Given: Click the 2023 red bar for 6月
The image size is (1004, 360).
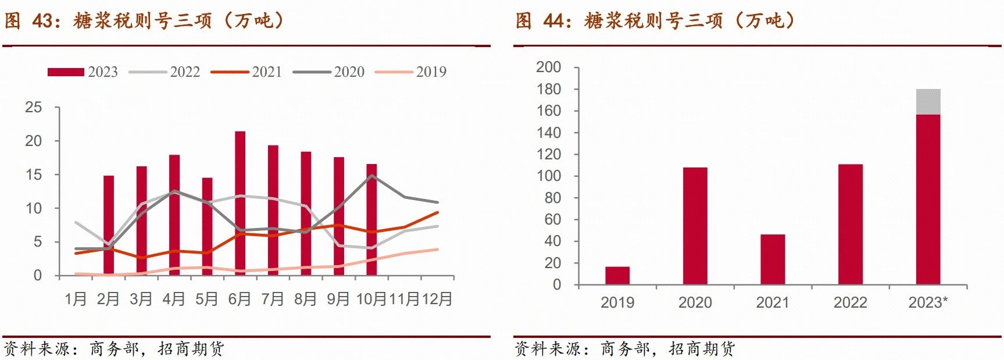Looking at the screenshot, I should pos(240,203).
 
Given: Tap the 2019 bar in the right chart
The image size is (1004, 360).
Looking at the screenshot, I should pos(617,276).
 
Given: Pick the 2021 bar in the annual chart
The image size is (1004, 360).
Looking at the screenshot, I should pos(773,259).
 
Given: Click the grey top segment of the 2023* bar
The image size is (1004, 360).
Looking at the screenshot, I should pos(928,102).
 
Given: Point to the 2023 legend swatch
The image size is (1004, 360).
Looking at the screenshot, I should pos(66,72).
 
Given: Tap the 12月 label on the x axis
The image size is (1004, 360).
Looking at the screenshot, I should pos(437,299).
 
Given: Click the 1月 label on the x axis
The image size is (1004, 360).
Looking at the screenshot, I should pos(76,299).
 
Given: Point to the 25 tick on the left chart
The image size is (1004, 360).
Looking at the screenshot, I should pos(34,107).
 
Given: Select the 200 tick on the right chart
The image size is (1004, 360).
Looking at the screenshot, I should pos(548,67).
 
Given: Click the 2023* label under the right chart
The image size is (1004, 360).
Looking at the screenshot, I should pos(928,302).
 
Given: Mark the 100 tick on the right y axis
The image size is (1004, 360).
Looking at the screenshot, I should pos(548,176).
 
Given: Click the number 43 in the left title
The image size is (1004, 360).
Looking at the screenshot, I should pos(43,21).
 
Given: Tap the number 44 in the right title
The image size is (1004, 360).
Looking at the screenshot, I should pos(554,21).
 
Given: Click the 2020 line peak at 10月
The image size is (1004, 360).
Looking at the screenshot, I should pos(371,176).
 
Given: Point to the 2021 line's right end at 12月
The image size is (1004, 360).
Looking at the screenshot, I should pos(437,212).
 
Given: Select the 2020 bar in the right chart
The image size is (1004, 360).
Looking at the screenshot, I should pos(695,226).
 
